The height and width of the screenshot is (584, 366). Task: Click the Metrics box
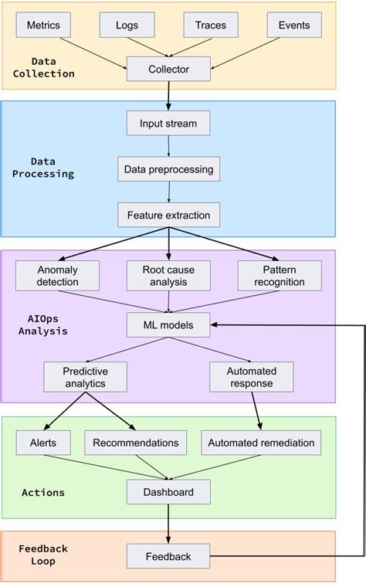pyautogui.click(x=43, y=25)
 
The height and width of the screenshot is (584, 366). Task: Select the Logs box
pyautogui.click(x=127, y=25)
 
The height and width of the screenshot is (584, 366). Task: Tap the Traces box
pyautogui.click(x=210, y=25)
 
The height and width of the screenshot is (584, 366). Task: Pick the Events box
pyautogui.click(x=293, y=25)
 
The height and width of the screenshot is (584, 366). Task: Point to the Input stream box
pyautogui.click(x=168, y=124)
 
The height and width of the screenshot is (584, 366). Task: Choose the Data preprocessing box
pyautogui.click(x=168, y=168)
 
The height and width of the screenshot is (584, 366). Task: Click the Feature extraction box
pyautogui.click(x=168, y=214)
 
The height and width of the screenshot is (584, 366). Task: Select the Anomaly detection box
pyautogui.click(x=58, y=276)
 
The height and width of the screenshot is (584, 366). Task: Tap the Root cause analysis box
pyautogui.click(x=168, y=276)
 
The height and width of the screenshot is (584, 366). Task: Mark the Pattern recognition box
pyautogui.click(x=280, y=276)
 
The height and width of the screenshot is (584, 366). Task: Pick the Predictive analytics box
pyautogui.click(x=86, y=377)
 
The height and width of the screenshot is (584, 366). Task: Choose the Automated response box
pyautogui.click(x=252, y=377)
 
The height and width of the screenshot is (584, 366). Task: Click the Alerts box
pyautogui.click(x=43, y=443)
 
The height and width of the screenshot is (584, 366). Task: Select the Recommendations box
pyautogui.click(x=135, y=443)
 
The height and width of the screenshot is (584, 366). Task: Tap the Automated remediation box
pyautogui.click(x=260, y=443)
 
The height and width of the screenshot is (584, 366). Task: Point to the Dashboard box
pyautogui.click(x=168, y=491)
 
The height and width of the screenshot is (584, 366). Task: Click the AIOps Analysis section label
pyautogui.click(x=43, y=325)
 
